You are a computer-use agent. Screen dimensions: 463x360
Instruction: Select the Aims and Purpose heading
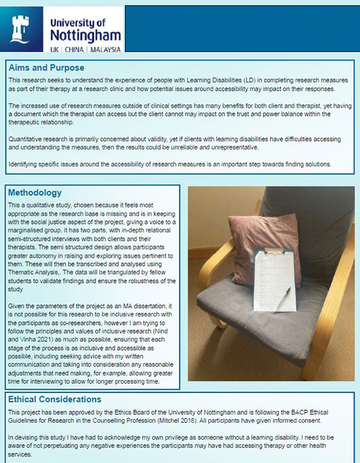coord(46,67)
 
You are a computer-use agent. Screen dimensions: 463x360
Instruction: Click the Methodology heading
coord(35,193)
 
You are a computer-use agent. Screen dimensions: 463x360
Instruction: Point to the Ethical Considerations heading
coord(55,399)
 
